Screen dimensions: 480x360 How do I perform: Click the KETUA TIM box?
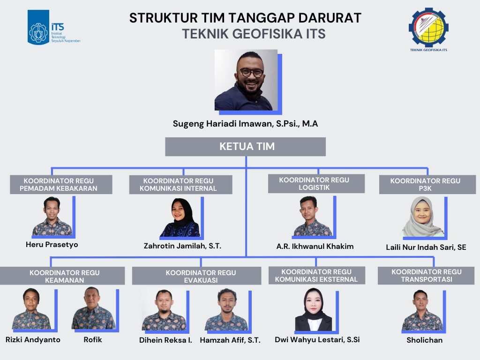click(x=245, y=147)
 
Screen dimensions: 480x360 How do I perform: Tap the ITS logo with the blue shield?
click(x=54, y=27)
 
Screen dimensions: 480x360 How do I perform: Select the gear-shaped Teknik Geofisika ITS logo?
click(x=428, y=30)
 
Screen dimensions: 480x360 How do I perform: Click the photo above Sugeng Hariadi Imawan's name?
click(x=246, y=80)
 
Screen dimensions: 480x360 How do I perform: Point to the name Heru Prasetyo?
click(x=52, y=245)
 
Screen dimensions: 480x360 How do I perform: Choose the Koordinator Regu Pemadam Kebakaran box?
click(x=61, y=185)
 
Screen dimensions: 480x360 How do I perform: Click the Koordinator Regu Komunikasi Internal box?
click(x=180, y=185)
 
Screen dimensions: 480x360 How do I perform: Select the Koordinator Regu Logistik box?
click(x=316, y=184)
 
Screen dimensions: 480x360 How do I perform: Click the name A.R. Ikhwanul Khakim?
click(x=315, y=247)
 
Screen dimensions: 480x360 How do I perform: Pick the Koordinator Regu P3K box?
click(x=427, y=185)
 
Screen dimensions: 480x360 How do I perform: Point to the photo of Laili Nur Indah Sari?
click(x=423, y=217)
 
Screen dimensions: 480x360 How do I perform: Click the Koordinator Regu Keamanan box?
click(x=62, y=276)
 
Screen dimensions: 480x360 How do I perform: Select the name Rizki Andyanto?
click(x=33, y=340)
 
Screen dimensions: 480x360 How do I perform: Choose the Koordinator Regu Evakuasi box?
click(x=196, y=276)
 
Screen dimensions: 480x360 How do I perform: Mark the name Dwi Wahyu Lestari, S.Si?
click(x=317, y=340)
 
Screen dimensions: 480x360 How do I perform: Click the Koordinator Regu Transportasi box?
click(x=426, y=276)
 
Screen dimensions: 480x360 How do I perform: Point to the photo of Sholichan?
click(x=422, y=310)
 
